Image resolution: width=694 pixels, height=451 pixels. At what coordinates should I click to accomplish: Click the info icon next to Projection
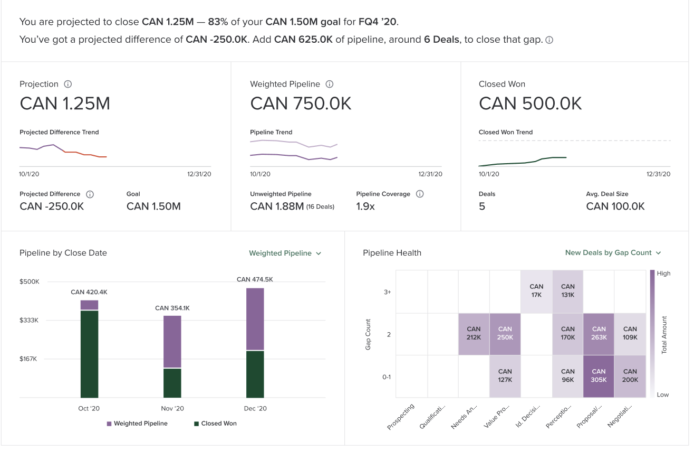68,84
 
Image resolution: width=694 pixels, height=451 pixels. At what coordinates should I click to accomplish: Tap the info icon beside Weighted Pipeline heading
330,84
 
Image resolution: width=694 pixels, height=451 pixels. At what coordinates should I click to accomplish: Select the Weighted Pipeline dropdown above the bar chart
285,253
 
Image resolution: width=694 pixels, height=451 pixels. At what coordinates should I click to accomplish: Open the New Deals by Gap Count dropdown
613,253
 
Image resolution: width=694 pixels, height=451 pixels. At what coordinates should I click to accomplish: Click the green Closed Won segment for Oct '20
90,354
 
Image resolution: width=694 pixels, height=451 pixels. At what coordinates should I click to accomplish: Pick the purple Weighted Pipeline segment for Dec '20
255,319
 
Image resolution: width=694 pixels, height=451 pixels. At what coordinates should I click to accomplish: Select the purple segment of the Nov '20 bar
172,342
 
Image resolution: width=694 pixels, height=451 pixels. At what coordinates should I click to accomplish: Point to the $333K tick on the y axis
29,320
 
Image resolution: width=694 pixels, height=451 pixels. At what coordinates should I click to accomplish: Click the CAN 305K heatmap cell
599,376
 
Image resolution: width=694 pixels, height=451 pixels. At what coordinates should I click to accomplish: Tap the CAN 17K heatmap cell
536,292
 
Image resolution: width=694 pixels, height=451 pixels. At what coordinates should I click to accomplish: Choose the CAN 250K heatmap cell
505,334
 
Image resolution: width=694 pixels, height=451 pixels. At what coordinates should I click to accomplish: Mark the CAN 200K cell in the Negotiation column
630,376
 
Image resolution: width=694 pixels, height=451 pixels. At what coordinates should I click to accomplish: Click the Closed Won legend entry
215,424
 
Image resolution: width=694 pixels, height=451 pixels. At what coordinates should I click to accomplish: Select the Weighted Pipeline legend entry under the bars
137,424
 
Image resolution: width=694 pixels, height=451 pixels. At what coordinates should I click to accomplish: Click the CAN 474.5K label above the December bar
255,279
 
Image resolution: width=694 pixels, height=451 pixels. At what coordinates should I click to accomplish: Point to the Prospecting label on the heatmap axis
401,417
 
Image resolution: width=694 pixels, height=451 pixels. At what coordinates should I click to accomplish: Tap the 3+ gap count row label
387,292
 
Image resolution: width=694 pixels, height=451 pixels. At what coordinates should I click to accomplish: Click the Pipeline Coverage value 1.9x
365,206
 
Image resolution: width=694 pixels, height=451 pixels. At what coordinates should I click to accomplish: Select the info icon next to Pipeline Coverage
420,194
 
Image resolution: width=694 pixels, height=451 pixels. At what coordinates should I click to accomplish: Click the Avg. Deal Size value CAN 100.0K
615,206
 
